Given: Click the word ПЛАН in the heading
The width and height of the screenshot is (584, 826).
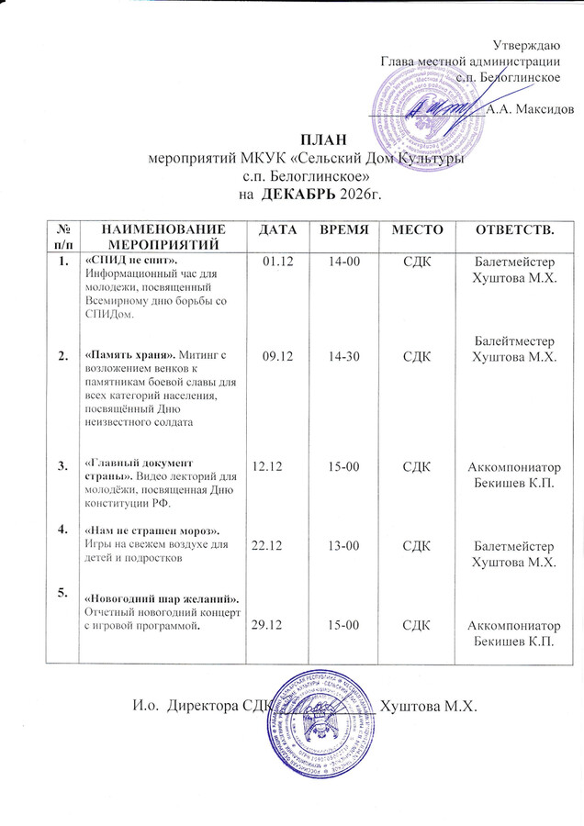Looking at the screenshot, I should (x=304, y=139).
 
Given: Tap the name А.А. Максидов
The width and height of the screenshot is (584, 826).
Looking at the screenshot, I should (x=531, y=109).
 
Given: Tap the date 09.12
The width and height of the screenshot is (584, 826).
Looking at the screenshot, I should (x=275, y=356).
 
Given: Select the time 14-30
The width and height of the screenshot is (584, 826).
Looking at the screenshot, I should (x=343, y=356).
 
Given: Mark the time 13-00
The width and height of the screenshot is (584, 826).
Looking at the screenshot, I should (x=343, y=545).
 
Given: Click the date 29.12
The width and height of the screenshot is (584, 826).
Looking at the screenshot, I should (x=266, y=625).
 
